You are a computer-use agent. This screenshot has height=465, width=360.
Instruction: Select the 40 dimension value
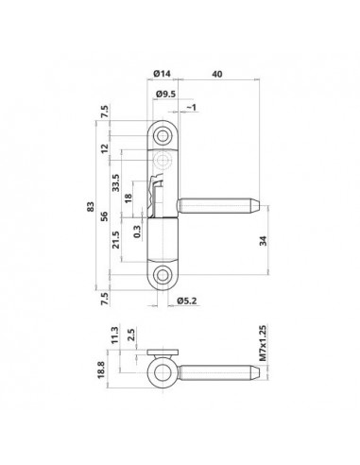(x=218, y=73)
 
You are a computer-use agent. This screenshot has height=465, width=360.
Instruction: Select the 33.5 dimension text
(x=115, y=181)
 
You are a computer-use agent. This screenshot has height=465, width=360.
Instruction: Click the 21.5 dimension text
(x=115, y=245)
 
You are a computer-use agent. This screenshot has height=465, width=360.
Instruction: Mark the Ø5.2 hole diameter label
(x=188, y=301)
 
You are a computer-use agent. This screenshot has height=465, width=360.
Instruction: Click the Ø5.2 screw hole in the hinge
(x=165, y=275)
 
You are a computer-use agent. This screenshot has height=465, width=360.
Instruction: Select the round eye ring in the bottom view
(x=163, y=368)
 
